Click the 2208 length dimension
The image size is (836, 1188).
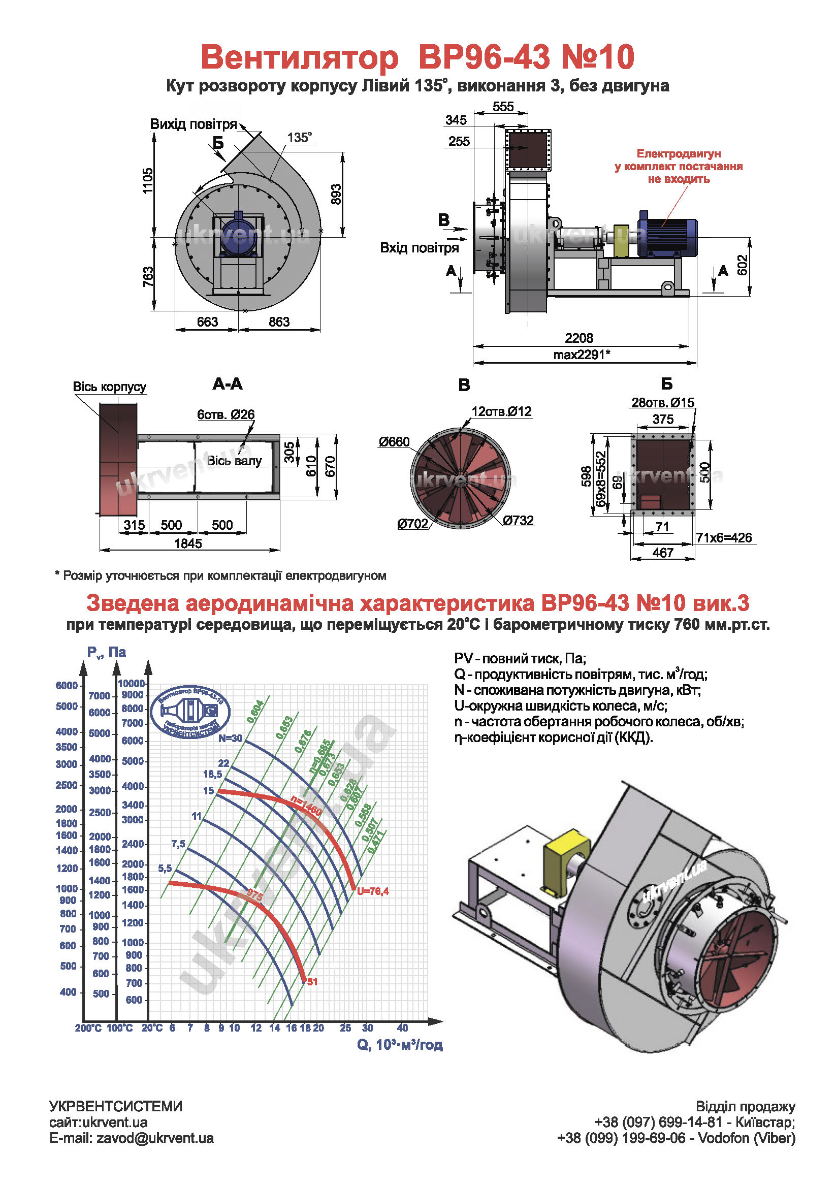point(578,338)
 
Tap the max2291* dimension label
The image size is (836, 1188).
point(582,355)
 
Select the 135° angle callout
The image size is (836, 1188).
point(300,138)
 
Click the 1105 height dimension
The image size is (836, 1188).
point(148,181)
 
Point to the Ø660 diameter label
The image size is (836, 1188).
point(394,442)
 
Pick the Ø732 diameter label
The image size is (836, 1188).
point(518,521)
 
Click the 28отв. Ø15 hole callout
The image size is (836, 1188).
point(662,403)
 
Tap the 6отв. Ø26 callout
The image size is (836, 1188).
point(226,414)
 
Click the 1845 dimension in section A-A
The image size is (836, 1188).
point(188,543)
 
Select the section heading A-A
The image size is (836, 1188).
point(227,384)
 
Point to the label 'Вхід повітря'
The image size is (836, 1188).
point(419,248)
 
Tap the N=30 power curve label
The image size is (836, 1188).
point(230,739)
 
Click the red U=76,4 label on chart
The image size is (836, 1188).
point(372,891)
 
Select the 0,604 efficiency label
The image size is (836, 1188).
point(255,712)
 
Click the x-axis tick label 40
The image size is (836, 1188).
point(402,1027)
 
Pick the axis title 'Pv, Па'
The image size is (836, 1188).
point(107,652)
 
